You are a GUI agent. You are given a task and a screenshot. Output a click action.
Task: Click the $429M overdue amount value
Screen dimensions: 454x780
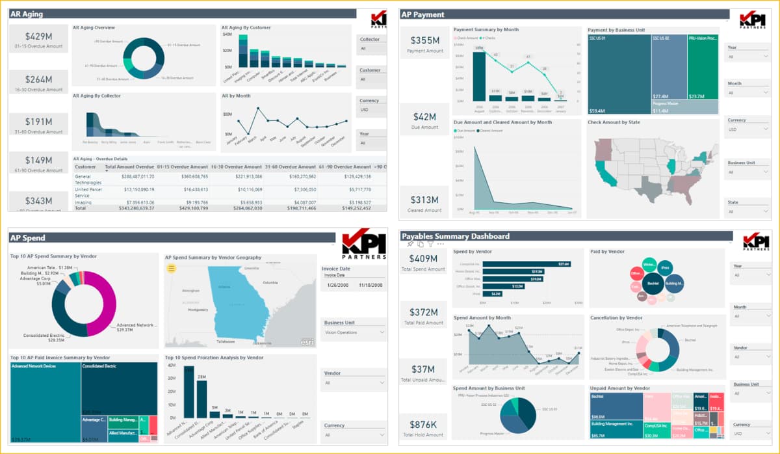coord(38,37)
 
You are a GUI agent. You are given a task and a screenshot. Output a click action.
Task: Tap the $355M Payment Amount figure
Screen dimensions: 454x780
coord(425,41)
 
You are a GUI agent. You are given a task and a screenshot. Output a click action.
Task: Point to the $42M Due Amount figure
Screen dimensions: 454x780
coord(425,117)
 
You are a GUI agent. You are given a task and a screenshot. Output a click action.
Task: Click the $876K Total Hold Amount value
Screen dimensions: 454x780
coord(423,425)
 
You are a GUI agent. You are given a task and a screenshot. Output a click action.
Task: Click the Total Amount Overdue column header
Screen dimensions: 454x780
coord(129,167)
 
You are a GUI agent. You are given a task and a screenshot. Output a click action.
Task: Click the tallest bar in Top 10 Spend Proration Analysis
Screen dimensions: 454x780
coord(189,392)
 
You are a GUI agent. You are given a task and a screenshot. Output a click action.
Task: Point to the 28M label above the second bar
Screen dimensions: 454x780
coord(201,377)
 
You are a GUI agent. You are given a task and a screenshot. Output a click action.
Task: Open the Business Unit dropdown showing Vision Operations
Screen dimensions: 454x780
coord(354,332)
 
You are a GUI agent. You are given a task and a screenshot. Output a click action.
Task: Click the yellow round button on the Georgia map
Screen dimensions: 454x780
coord(172,268)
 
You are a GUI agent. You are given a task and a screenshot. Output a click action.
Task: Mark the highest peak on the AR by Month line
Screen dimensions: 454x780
coord(266,109)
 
